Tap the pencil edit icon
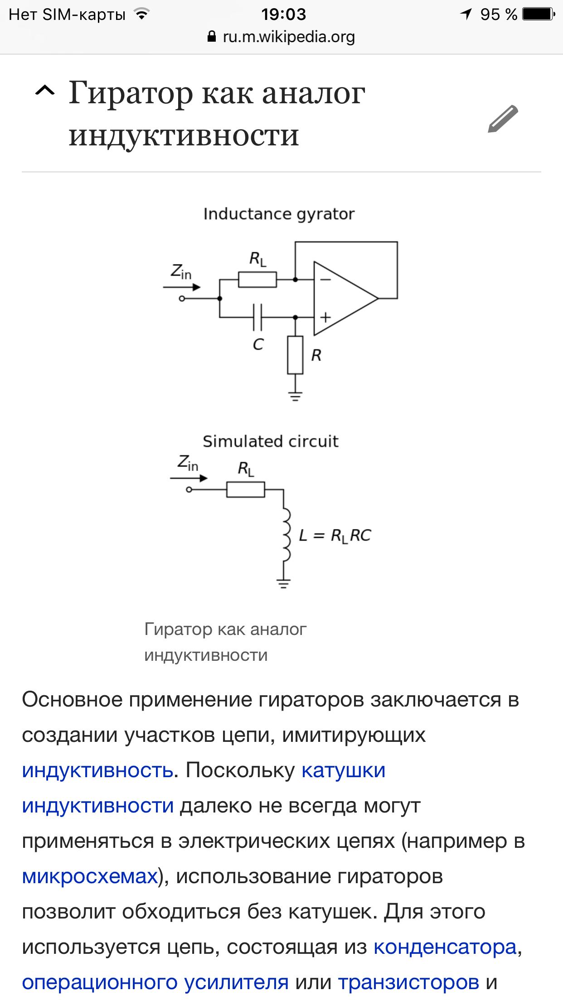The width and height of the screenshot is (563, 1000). coord(503,119)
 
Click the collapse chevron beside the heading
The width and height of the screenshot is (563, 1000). coord(45,91)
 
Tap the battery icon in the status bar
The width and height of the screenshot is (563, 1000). coord(538,14)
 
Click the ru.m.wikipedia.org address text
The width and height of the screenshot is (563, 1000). coord(288,37)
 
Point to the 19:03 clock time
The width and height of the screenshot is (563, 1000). coord(283,14)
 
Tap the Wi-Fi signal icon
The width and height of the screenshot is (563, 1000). coord(142,14)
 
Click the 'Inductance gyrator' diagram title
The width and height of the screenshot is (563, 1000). coord(278,214)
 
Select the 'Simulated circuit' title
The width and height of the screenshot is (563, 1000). coord(271,441)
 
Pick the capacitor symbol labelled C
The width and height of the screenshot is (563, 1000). coord(257,317)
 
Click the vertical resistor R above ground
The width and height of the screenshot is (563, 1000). coord(295,355)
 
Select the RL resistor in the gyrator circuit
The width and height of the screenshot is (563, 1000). coord(257,280)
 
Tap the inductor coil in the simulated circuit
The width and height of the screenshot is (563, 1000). coord(286,534)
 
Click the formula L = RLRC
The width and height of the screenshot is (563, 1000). coord(335,535)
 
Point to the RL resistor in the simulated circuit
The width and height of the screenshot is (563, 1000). coord(246,490)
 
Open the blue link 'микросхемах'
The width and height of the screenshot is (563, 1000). coord(90,876)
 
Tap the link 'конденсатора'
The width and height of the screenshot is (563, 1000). coord(445,947)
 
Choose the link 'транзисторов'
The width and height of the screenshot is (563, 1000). coord(408,982)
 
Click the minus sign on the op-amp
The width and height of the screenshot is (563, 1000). coord(325,279)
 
